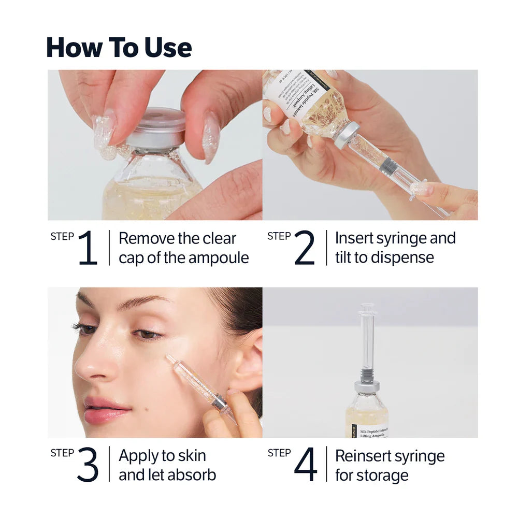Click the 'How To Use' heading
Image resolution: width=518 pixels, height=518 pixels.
(119, 47)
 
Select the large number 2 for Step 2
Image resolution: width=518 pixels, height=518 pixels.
(304, 248)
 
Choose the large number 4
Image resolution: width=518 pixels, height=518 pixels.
(305, 465)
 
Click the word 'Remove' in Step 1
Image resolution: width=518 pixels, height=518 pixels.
(146, 239)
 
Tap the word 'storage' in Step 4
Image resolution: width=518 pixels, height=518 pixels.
(385, 475)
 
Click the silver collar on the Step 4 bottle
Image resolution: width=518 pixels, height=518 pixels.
(367, 386)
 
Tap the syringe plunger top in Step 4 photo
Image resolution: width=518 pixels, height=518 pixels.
(367, 307)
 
